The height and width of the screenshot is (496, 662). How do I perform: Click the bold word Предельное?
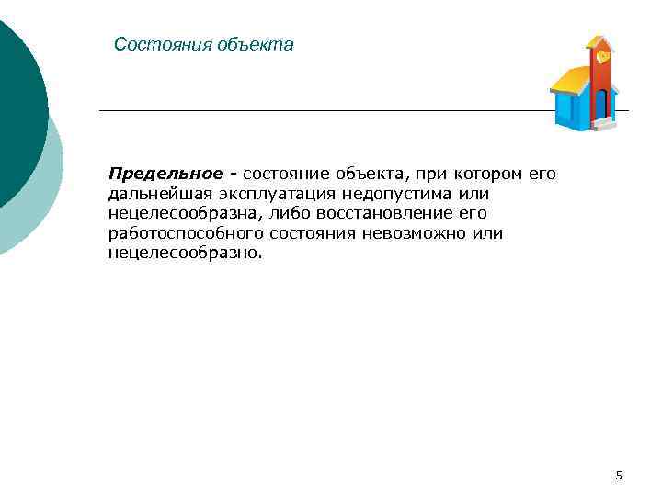(165, 175)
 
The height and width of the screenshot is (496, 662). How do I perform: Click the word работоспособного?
(186, 232)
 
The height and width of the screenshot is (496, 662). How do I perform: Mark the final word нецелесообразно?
(184, 252)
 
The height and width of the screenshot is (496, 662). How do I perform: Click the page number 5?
(619, 475)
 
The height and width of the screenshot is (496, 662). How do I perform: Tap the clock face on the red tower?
(602, 56)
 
